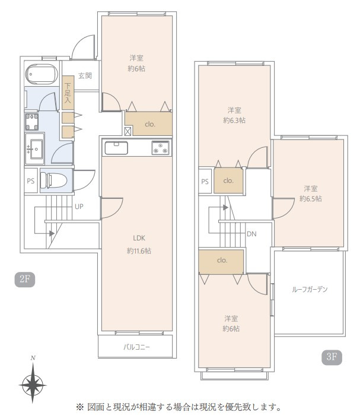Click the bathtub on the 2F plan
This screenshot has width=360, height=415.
(x=42, y=74)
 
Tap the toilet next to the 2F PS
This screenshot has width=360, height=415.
(x=53, y=180)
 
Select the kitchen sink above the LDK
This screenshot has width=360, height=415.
(x=116, y=148)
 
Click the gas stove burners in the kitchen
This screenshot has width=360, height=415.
(x=161, y=148)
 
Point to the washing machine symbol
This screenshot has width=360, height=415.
(x=31, y=122)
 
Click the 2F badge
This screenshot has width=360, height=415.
(x=25, y=279)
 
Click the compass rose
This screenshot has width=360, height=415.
(x=33, y=384)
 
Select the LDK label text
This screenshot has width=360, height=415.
(x=139, y=238)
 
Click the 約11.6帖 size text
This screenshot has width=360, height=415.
(x=139, y=251)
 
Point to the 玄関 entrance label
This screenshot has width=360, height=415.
(x=85, y=76)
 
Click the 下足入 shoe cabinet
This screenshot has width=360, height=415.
(x=68, y=93)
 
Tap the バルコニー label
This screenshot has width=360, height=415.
(x=136, y=347)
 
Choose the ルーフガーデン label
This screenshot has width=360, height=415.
(x=310, y=289)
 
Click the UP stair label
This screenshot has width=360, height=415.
(x=79, y=207)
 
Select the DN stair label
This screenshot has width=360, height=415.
(x=251, y=234)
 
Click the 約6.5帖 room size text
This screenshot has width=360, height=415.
(x=311, y=199)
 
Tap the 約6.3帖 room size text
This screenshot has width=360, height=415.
(x=234, y=121)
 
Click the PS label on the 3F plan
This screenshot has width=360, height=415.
(x=205, y=182)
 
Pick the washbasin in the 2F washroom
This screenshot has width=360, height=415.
(x=34, y=149)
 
